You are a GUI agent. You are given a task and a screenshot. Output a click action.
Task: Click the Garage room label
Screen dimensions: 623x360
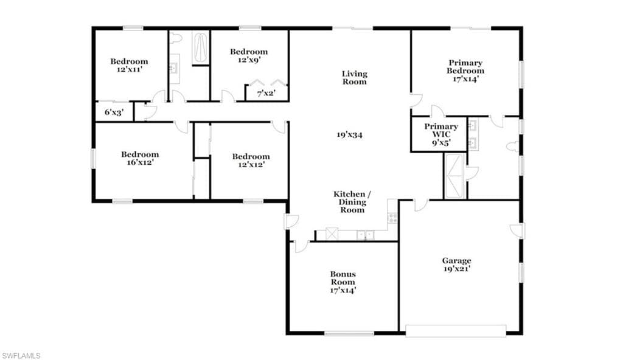(456, 261)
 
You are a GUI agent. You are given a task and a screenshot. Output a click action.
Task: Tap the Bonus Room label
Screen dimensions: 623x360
(343, 278)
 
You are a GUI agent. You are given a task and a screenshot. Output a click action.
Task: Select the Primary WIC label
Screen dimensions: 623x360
(441, 130)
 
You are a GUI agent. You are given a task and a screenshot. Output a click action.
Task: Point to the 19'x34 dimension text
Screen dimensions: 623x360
(350, 135)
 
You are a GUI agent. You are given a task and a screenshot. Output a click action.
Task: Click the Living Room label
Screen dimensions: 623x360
(355, 77)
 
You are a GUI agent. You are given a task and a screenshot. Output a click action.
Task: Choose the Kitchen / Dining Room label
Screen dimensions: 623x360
(352, 202)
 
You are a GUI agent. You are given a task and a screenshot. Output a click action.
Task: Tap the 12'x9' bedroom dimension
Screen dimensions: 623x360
(249, 60)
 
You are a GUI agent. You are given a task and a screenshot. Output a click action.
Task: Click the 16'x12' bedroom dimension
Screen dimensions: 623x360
(140, 162)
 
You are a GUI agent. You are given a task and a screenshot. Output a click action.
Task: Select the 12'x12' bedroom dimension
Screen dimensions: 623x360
(251, 165)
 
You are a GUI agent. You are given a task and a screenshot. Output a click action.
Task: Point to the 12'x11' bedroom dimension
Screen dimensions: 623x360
(129, 69)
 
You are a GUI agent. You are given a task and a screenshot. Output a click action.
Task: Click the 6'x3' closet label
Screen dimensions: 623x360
(114, 112)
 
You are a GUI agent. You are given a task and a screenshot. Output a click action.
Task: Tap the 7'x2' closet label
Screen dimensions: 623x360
(266, 94)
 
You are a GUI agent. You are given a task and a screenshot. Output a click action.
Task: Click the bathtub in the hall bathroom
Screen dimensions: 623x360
(200, 47)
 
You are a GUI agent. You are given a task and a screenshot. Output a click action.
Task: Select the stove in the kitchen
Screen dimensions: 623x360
(392, 217)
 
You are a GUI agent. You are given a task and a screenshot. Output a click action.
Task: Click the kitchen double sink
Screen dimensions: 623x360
(365, 235)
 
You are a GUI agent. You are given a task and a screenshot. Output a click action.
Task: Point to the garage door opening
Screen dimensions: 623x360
(456, 331)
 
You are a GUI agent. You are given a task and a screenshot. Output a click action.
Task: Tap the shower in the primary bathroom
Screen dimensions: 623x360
(455, 176)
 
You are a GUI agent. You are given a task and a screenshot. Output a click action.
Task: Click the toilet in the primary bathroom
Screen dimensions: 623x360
(512, 147)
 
